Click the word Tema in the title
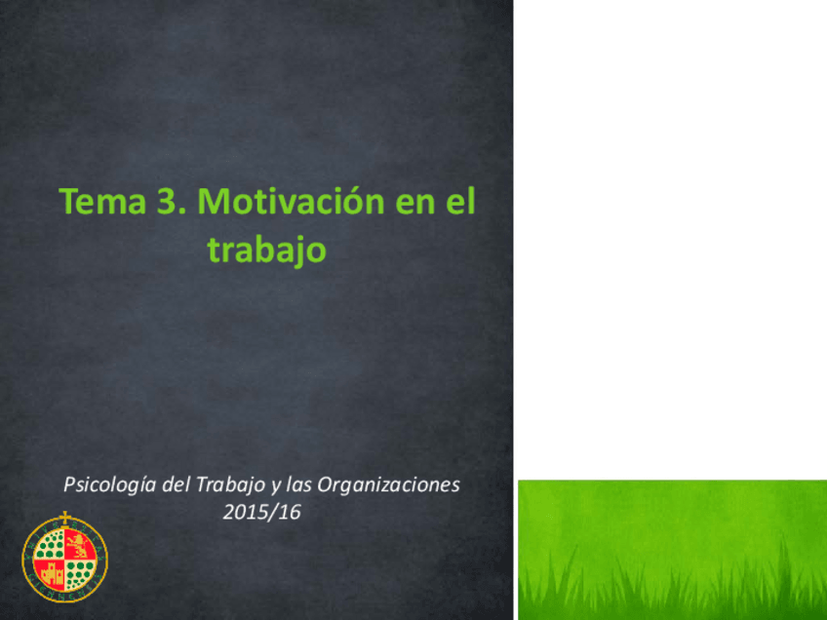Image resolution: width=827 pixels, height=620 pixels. tap(102, 201)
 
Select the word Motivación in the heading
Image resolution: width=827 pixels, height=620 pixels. tap(292, 201)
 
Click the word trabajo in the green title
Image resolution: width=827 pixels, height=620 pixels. tap(267, 250)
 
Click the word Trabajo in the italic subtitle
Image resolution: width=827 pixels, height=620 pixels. tap(231, 485)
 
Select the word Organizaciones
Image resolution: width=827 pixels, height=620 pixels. tap(389, 484)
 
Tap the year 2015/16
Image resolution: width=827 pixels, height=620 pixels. tap(261, 512)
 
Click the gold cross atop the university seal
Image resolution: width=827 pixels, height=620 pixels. tap(64, 517)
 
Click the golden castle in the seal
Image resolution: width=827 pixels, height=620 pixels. tap(52, 574)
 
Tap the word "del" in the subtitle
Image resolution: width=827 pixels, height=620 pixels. tap(177, 484)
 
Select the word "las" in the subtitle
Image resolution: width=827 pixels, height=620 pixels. tap(298, 484)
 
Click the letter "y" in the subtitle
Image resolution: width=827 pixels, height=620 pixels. tap(276, 487)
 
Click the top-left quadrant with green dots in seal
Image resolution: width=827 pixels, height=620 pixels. tap(49, 546)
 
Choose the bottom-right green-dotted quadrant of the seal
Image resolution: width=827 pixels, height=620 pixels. tap(80, 573)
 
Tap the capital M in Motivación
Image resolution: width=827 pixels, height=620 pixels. tap(213, 201)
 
